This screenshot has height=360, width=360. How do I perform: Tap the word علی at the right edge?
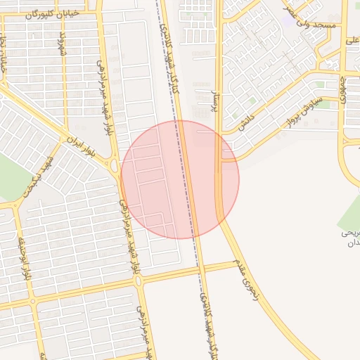[x=352, y=40]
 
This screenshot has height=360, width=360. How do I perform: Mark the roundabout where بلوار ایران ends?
[x=113, y=165]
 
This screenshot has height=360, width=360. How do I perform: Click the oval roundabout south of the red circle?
[x=139, y=281]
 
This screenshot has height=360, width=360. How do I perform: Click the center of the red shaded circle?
[x=180, y=179]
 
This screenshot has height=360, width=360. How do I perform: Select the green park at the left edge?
[x=11, y=176]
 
